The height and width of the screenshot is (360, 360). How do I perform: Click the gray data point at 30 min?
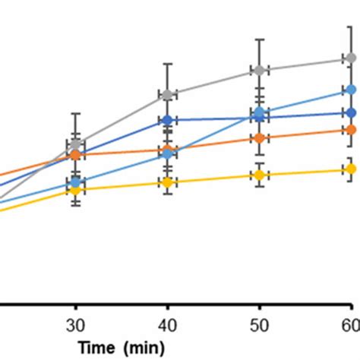[x=75, y=144]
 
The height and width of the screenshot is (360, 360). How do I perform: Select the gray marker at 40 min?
[x=167, y=94]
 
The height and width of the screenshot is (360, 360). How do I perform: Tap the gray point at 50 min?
[x=259, y=70]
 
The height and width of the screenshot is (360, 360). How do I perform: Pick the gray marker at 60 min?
[x=351, y=58]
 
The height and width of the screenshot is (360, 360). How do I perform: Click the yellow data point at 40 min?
[x=167, y=182]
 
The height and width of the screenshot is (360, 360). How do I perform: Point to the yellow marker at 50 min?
[x=259, y=175]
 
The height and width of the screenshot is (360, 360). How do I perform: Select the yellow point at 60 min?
[x=351, y=169]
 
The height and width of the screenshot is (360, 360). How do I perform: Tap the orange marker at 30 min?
[x=75, y=155]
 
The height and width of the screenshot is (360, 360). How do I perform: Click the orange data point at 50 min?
[x=259, y=138]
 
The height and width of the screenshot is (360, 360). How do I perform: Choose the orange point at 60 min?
[x=351, y=130]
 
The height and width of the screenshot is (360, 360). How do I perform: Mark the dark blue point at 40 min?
[x=167, y=120]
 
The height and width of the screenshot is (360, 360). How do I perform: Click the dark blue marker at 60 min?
[x=351, y=113]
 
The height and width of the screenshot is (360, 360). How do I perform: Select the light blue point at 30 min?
[x=75, y=182]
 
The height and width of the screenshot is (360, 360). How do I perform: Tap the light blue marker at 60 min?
[x=351, y=90]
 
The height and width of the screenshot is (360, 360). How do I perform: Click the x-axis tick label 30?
[x=75, y=326]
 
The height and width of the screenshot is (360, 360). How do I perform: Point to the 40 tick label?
[x=167, y=326]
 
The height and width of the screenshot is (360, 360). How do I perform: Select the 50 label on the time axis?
[x=259, y=326]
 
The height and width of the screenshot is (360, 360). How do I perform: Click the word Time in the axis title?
[x=96, y=347]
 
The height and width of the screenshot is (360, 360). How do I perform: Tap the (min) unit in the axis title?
[x=144, y=348]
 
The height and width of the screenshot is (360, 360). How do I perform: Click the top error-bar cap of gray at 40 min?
[x=167, y=64]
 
